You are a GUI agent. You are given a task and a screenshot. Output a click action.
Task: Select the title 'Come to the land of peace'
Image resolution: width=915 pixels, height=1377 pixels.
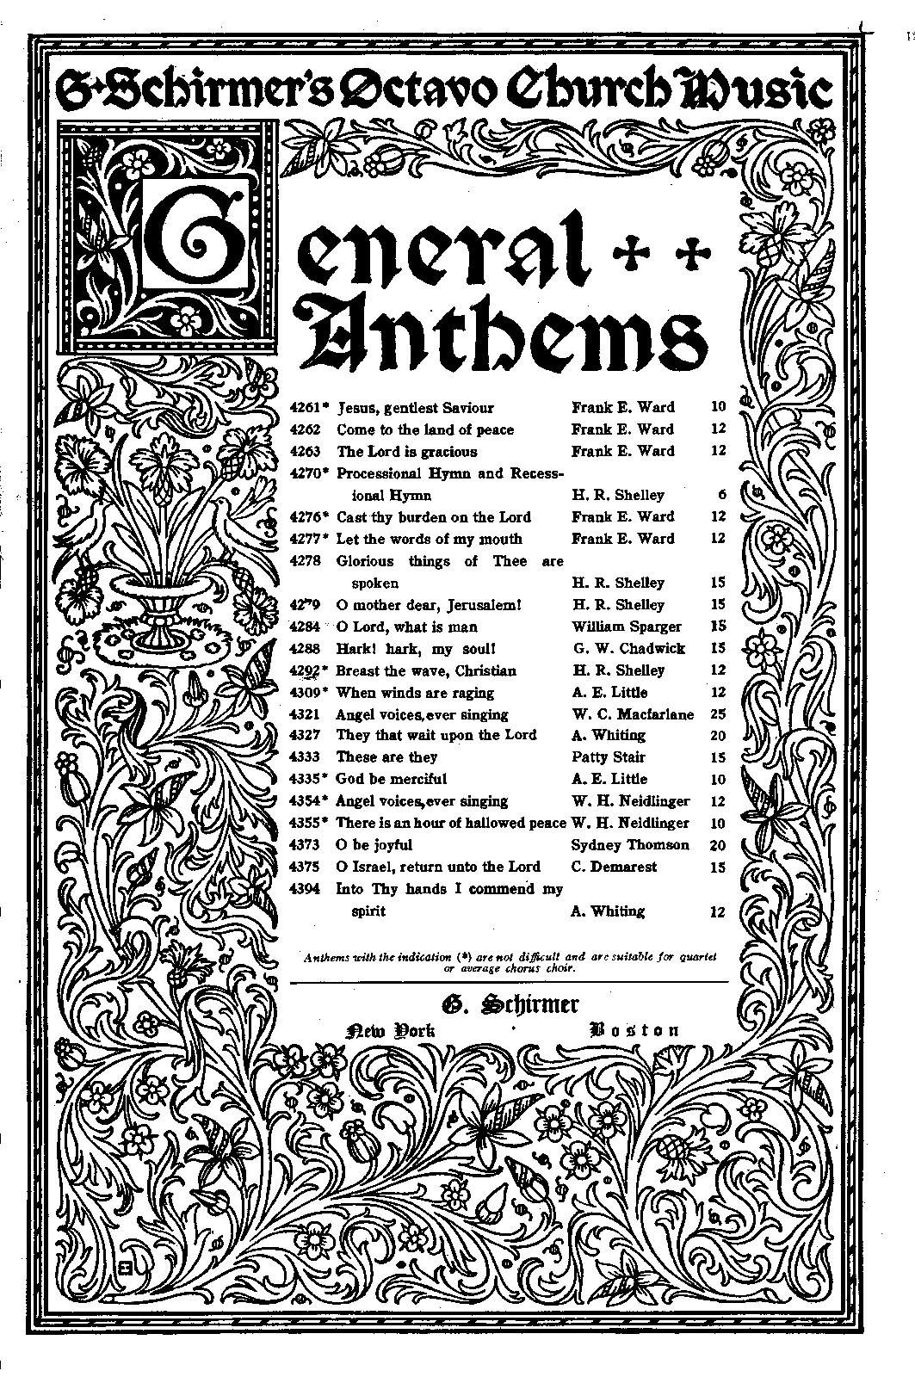click(x=425, y=429)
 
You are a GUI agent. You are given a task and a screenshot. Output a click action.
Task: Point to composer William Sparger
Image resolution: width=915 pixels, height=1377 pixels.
click(x=626, y=627)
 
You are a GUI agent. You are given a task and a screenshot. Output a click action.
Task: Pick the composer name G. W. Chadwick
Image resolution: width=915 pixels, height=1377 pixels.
click(x=628, y=649)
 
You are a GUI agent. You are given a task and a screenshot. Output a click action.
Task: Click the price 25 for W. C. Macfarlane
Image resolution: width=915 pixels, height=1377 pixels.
click(x=718, y=714)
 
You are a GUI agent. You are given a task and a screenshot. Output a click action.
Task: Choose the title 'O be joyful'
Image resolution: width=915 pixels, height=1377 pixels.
click(x=374, y=845)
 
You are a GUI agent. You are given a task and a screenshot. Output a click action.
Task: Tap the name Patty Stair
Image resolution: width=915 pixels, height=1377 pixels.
click(x=609, y=757)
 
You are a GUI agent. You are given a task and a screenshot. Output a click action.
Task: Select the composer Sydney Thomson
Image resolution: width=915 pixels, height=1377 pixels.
click(x=630, y=845)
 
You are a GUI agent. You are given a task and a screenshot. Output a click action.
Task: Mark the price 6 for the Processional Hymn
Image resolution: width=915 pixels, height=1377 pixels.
click(x=721, y=495)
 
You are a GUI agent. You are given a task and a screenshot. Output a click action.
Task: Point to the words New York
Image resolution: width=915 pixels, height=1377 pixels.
click(x=390, y=1031)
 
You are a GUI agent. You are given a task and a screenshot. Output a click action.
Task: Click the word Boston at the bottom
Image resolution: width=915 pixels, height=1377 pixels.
click(x=635, y=1030)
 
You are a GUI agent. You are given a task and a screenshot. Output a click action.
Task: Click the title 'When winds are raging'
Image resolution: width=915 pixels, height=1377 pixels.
click(x=415, y=693)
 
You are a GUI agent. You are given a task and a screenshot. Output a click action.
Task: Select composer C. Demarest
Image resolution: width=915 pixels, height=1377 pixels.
click(x=614, y=867)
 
